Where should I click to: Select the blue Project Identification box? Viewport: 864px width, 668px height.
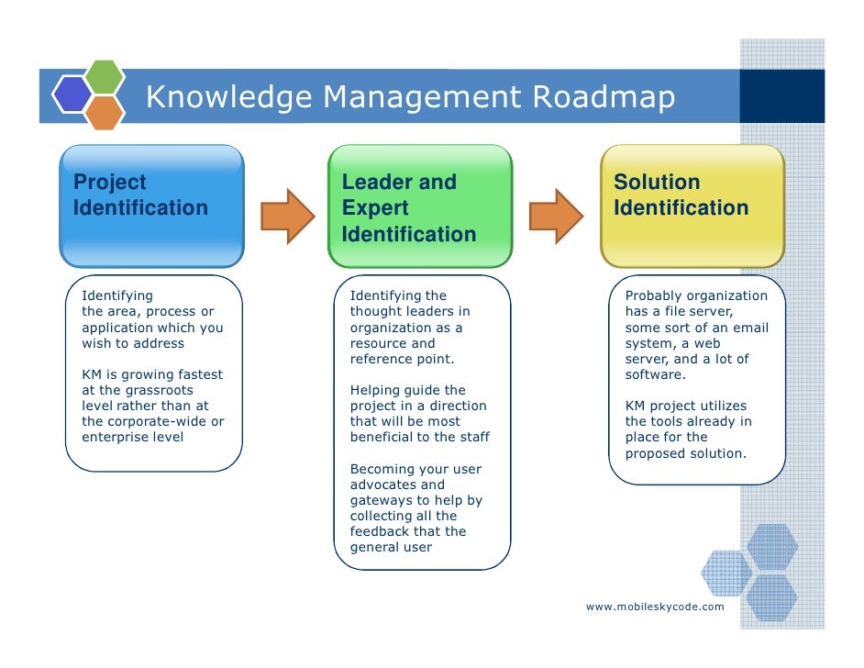click(x=151, y=206)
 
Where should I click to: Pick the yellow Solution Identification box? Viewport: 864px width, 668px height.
click(x=692, y=206)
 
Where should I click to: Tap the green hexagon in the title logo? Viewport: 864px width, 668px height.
click(x=105, y=77)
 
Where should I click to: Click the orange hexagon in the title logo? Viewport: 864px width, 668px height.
click(x=105, y=112)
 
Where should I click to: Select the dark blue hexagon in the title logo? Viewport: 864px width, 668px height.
click(x=71, y=94)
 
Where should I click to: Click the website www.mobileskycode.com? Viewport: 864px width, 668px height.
click(x=655, y=607)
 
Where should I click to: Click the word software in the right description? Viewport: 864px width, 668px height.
click(x=654, y=375)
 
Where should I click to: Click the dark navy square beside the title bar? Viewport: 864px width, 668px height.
click(x=781, y=95)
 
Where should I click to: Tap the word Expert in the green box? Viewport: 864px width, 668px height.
click(x=375, y=208)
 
